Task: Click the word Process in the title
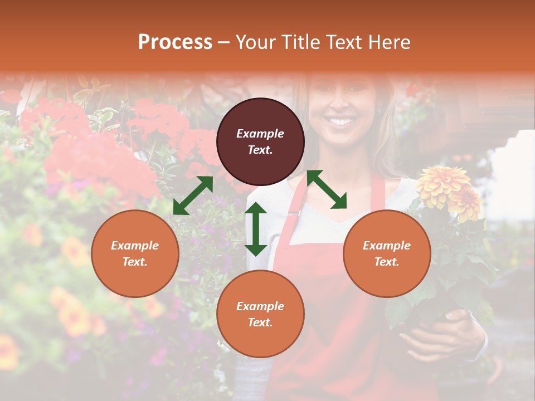pos(175,42)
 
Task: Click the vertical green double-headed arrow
pos(256,229)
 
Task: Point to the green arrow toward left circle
pos(193,195)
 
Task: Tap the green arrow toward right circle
pos(327,189)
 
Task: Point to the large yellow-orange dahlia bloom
pos(444,184)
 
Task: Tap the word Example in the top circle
pos(260,134)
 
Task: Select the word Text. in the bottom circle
pos(260,322)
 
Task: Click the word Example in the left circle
pos(135,246)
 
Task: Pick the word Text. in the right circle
pos(387,262)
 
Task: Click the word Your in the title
pos(254,42)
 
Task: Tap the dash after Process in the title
pos(223,42)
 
